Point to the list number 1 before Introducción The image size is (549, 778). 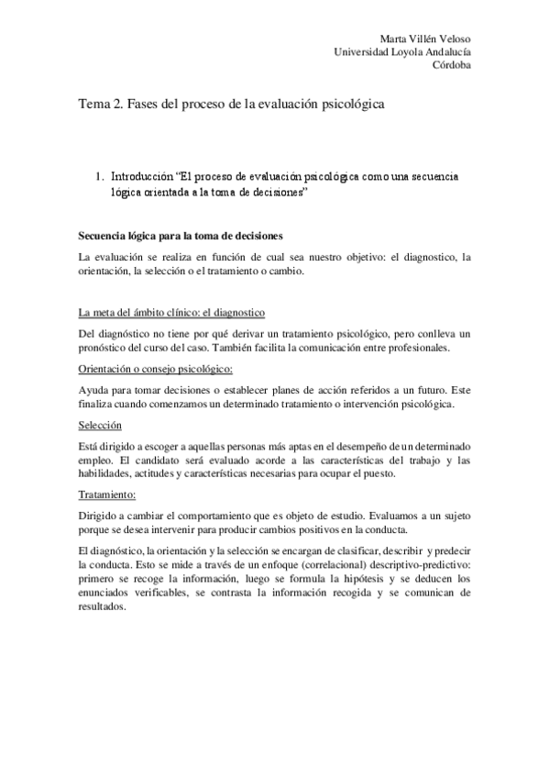click(99, 174)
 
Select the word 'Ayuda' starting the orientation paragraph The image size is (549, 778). click(94, 389)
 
